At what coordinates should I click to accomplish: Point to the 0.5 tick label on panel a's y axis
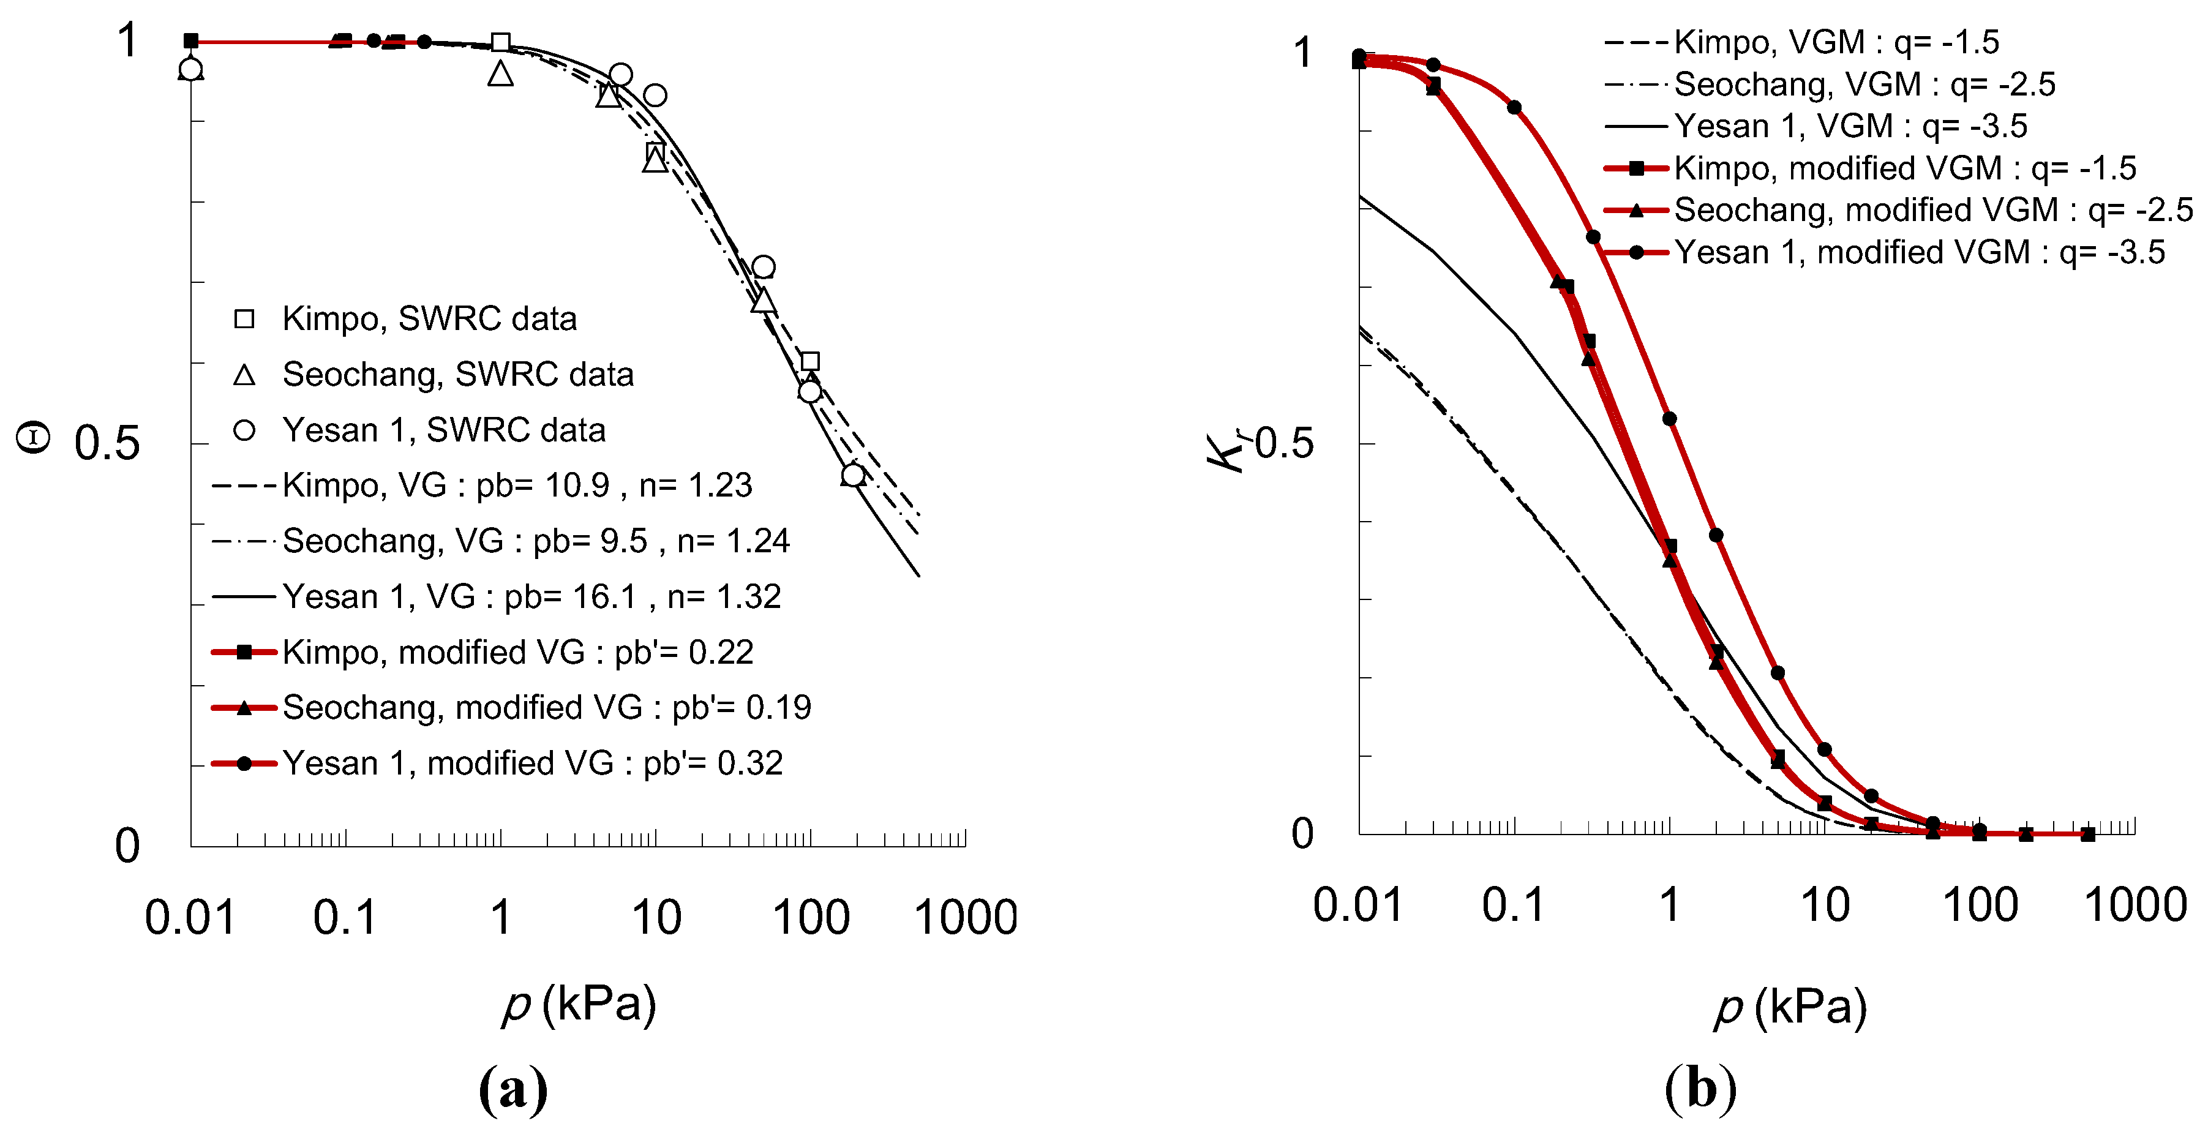pyautogui.click(x=107, y=444)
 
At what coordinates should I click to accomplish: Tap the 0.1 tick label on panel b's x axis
pyautogui.click(x=1513, y=906)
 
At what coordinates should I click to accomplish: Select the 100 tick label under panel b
pyautogui.click(x=1980, y=906)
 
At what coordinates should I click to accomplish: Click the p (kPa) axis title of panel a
pyautogui.click(x=579, y=1004)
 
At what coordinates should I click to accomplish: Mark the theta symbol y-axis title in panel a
pyautogui.click(x=34, y=438)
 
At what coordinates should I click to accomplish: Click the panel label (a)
pyautogui.click(x=513, y=1090)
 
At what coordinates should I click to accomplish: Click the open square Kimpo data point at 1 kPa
pyautogui.click(x=501, y=43)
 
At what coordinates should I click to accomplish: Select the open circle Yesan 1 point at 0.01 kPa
pyautogui.click(x=190, y=69)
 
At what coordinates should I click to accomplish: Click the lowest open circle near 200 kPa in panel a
pyautogui.click(x=853, y=475)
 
